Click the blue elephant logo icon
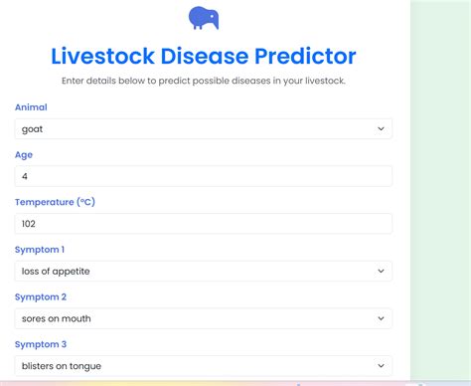(x=204, y=18)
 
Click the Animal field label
(x=31, y=106)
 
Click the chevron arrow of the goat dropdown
(x=381, y=128)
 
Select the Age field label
(x=24, y=154)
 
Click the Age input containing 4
(x=203, y=176)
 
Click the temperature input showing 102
(x=203, y=224)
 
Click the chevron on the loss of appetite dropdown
(x=381, y=271)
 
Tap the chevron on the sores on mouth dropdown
(x=381, y=318)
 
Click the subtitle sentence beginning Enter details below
(x=204, y=81)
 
